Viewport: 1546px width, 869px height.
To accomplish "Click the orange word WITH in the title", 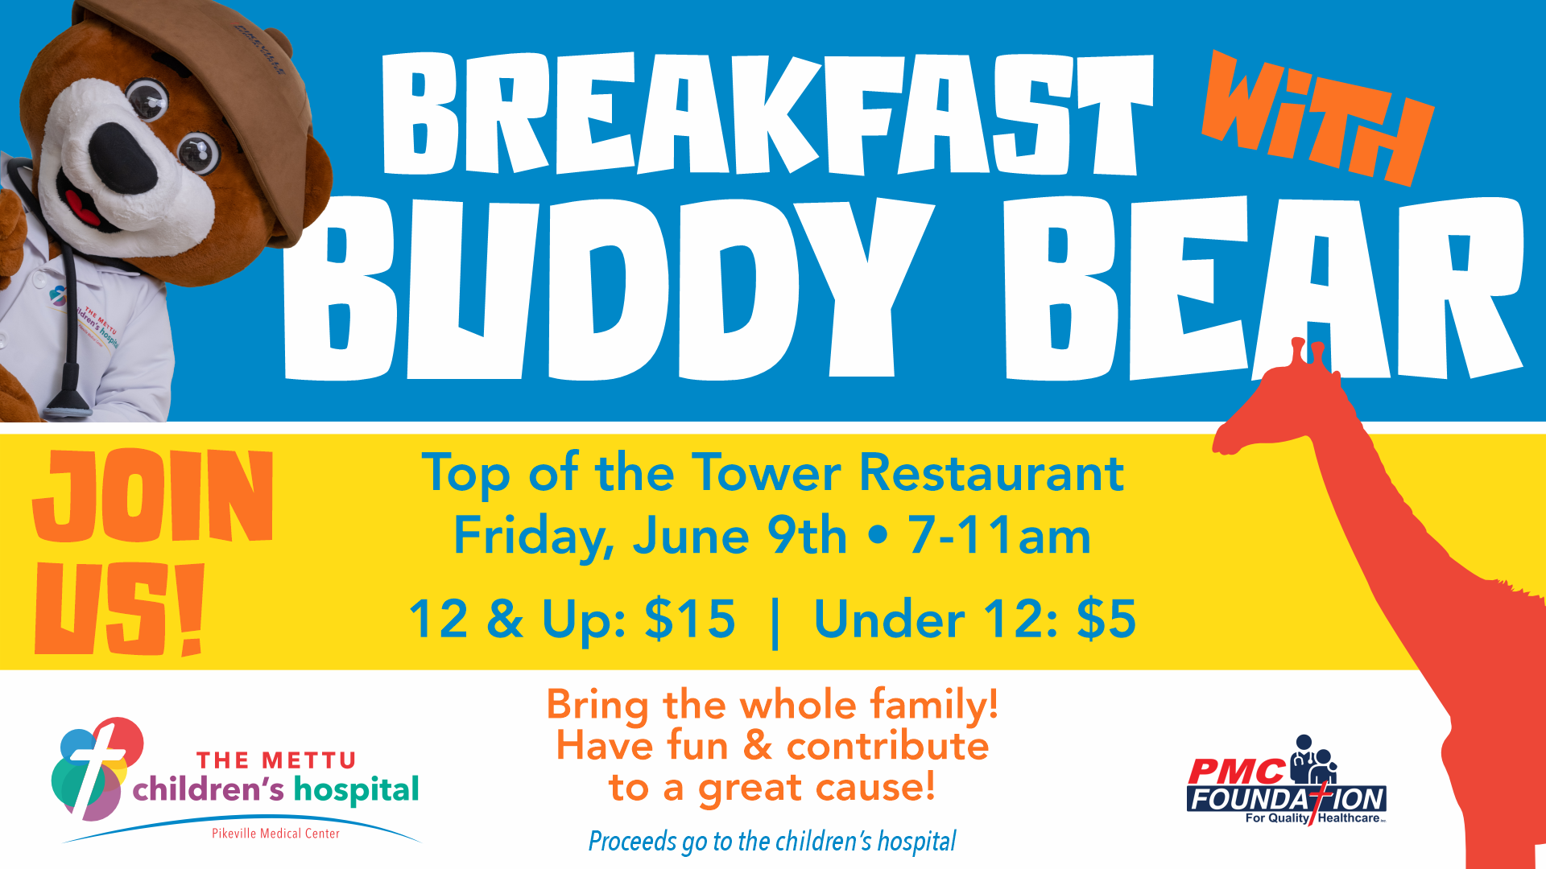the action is point(1317,117).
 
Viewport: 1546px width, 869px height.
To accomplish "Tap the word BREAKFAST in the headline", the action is point(767,114).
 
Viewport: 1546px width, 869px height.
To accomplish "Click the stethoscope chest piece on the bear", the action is point(69,402).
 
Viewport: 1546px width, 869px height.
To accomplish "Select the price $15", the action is point(690,620).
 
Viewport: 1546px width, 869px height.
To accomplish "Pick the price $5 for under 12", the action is point(1107,620).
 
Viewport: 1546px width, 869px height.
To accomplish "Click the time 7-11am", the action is point(999,536).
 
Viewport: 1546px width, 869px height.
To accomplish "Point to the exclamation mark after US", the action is point(192,609).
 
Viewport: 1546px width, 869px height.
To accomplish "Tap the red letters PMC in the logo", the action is point(1236,772).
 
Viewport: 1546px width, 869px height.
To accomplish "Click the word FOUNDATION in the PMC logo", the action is point(1286,799).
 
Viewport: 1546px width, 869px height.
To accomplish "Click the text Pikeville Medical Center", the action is point(275,834).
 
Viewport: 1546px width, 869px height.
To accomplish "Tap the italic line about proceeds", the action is point(772,842).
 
